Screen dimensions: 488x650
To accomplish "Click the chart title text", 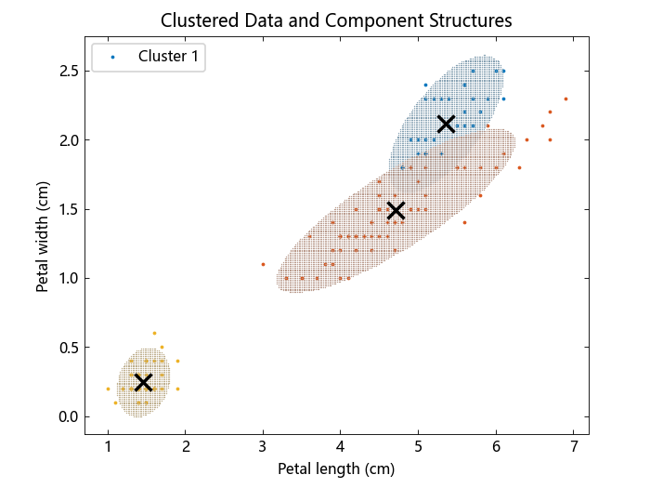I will point(336,20).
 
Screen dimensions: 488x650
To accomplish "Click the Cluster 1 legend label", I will point(168,57).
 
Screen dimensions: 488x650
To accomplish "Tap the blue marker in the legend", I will point(113,57).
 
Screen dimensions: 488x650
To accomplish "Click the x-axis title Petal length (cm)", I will point(336,468).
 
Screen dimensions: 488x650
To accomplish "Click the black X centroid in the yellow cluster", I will point(143,382).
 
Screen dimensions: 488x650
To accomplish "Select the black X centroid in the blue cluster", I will point(446,124).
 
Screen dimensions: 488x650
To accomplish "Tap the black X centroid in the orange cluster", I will point(396,210).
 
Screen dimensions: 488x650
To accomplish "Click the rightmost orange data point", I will point(565,99).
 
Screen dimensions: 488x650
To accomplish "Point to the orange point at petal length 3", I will point(263,264).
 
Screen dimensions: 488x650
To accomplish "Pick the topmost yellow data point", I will point(154,333).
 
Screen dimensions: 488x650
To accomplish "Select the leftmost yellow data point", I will point(108,389).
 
